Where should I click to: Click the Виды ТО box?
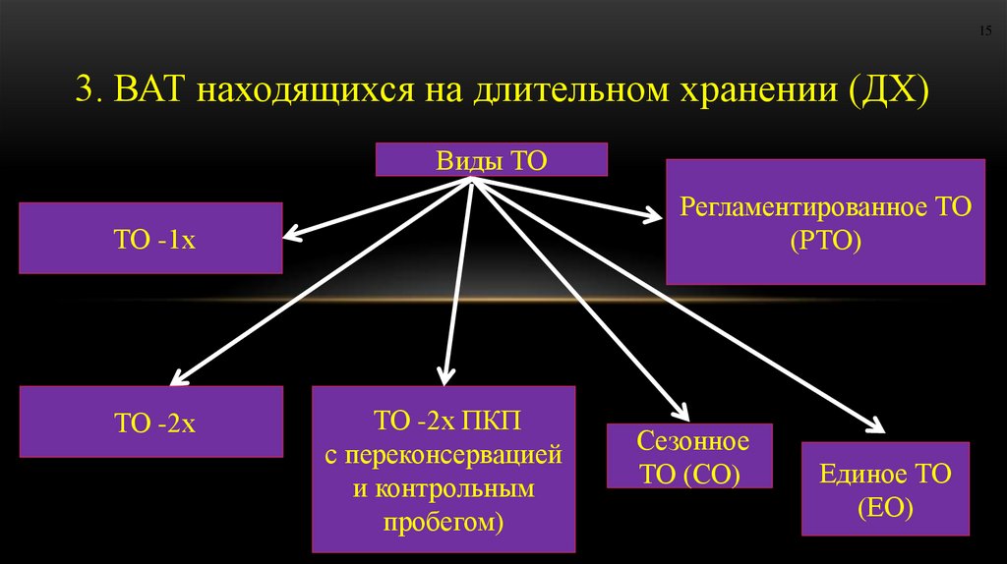[x=491, y=159]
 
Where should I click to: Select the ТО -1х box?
[x=150, y=238]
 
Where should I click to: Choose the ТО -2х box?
[x=150, y=422]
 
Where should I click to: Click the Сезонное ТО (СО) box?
[x=689, y=456]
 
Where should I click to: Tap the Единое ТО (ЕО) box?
[x=885, y=489]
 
